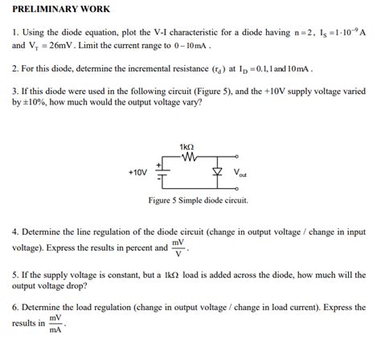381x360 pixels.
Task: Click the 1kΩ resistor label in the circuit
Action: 186,146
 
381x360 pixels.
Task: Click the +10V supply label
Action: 137,172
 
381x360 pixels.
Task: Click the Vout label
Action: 240,173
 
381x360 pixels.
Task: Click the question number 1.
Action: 14,32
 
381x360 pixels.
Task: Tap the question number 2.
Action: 14,69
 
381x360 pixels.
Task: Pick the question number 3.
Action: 14,92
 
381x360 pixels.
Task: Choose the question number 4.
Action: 14,231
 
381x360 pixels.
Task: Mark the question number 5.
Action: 14,274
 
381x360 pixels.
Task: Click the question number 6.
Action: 14,307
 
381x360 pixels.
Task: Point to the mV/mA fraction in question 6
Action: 56,323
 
